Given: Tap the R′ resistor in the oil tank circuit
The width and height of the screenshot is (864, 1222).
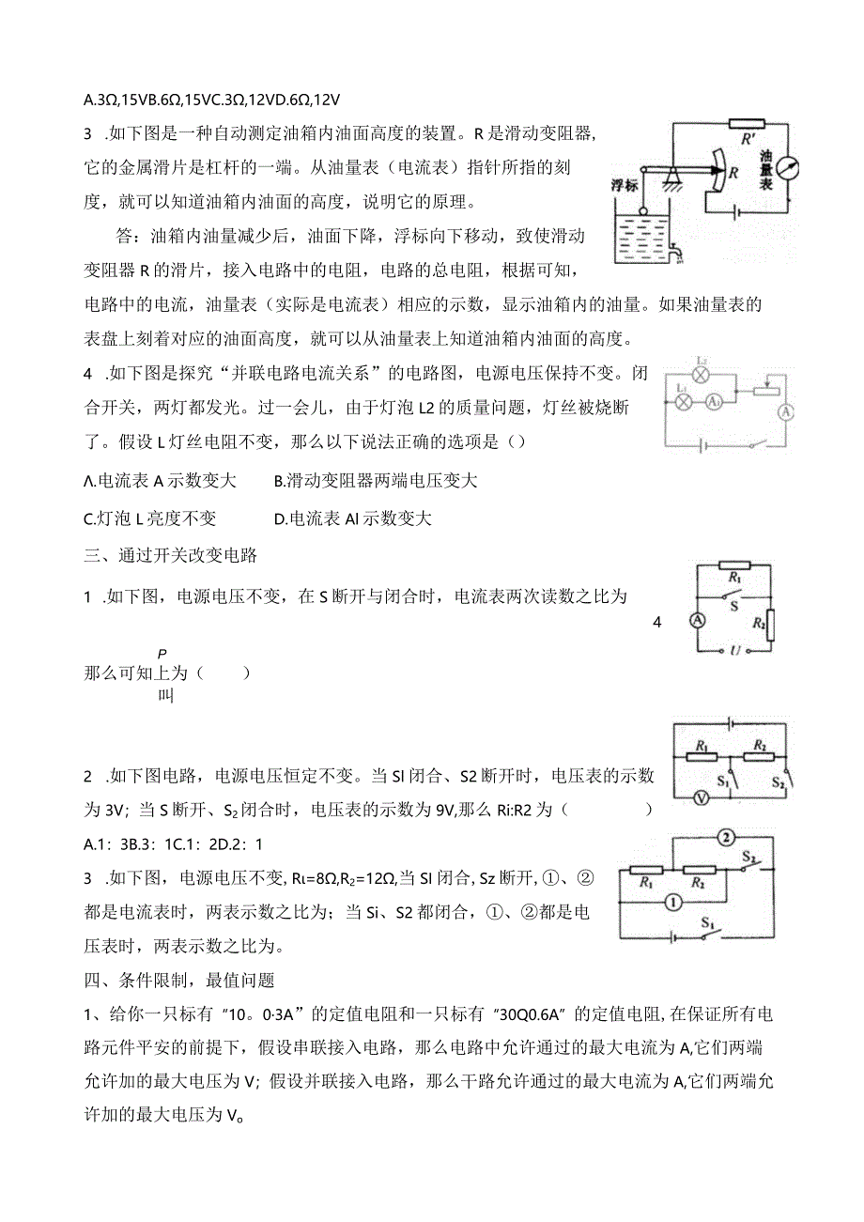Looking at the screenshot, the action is (x=746, y=124).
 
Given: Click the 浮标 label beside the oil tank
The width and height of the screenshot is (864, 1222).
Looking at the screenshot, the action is (x=625, y=186).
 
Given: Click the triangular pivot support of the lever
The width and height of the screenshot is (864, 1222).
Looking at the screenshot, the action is (x=671, y=174).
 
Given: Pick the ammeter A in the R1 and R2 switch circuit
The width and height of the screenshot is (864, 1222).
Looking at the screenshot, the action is (x=698, y=620).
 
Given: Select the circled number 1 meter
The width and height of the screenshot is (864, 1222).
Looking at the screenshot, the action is (x=672, y=903).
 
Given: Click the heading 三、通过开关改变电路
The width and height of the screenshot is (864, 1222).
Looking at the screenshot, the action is (x=171, y=555).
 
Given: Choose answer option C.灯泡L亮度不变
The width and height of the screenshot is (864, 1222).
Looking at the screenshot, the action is (x=150, y=518).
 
